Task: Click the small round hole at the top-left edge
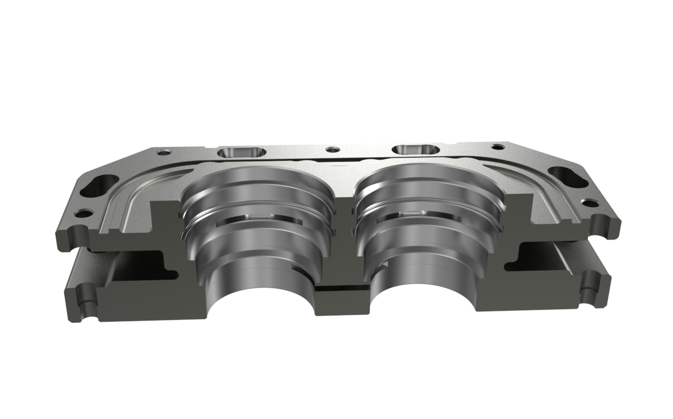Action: [164, 152]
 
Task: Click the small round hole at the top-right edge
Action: [497, 147]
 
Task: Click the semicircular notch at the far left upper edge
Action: [72, 233]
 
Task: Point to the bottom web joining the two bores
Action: [340, 296]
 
